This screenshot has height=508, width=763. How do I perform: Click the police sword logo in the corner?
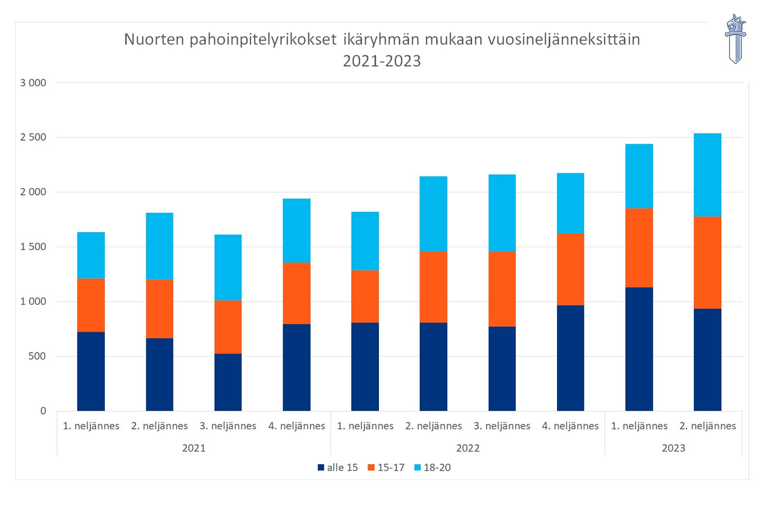[x=735, y=39]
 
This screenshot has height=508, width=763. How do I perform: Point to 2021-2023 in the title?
[x=382, y=61]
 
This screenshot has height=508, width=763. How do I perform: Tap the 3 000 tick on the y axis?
[x=33, y=83]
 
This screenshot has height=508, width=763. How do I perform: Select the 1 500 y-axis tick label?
[x=33, y=247]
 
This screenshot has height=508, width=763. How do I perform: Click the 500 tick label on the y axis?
[x=37, y=356]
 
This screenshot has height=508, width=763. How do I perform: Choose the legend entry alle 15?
[x=338, y=467]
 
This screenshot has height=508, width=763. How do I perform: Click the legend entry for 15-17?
[x=386, y=467]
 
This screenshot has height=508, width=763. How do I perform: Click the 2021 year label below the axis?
[x=194, y=448]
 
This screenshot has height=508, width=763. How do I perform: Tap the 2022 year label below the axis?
[x=467, y=448]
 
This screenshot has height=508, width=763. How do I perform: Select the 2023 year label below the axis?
[x=673, y=448]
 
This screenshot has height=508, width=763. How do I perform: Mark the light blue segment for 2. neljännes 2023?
[x=707, y=175]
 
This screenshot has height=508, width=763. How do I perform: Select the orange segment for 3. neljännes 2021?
[x=228, y=327]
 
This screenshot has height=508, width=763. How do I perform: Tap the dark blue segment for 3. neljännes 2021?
[x=228, y=382]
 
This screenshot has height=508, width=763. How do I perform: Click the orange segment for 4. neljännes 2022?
[x=570, y=269]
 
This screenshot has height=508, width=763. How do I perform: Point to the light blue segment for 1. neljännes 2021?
[x=91, y=255]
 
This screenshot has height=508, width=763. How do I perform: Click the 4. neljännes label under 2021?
[x=297, y=426]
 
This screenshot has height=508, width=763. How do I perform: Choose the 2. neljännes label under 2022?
[x=433, y=426]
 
